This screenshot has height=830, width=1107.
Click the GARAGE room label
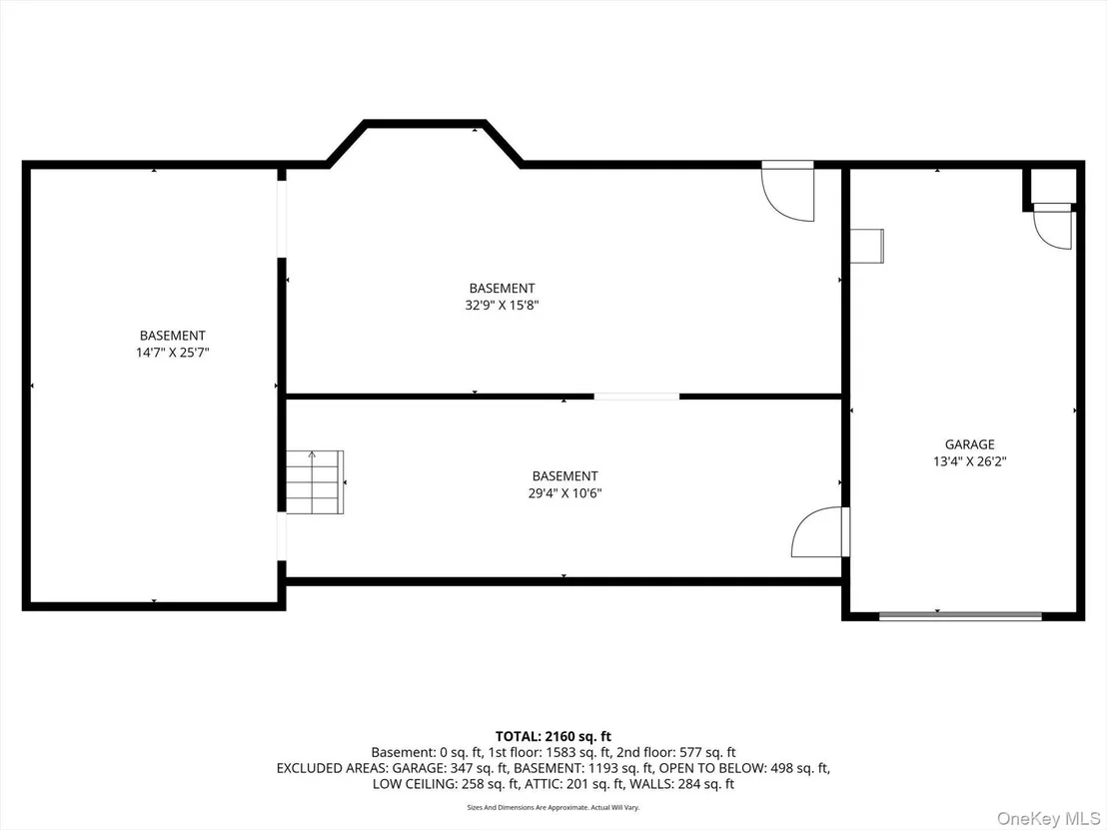pyautogui.click(x=969, y=443)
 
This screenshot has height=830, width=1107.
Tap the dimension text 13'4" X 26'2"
pyautogui.click(x=969, y=461)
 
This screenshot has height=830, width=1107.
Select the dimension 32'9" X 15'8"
pyautogui.click(x=502, y=306)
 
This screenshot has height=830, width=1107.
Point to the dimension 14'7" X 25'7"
pyautogui.click(x=172, y=353)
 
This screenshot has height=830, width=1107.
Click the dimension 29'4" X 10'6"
pyautogui.click(x=564, y=493)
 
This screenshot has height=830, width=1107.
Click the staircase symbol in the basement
pyautogui.click(x=314, y=482)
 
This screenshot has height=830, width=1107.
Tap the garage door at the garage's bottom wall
pyautogui.click(x=960, y=616)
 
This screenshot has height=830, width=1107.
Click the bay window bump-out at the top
pyautogui.click(x=425, y=143)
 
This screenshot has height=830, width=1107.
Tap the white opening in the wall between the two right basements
pyautogui.click(x=636, y=397)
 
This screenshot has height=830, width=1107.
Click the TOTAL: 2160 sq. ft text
pyautogui.click(x=553, y=737)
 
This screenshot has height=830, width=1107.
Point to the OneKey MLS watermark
pyautogui.click(x=1048, y=818)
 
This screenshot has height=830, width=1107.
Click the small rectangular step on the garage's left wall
pyautogui.click(x=867, y=247)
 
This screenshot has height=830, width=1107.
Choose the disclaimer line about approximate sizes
pyautogui.click(x=553, y=807)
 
